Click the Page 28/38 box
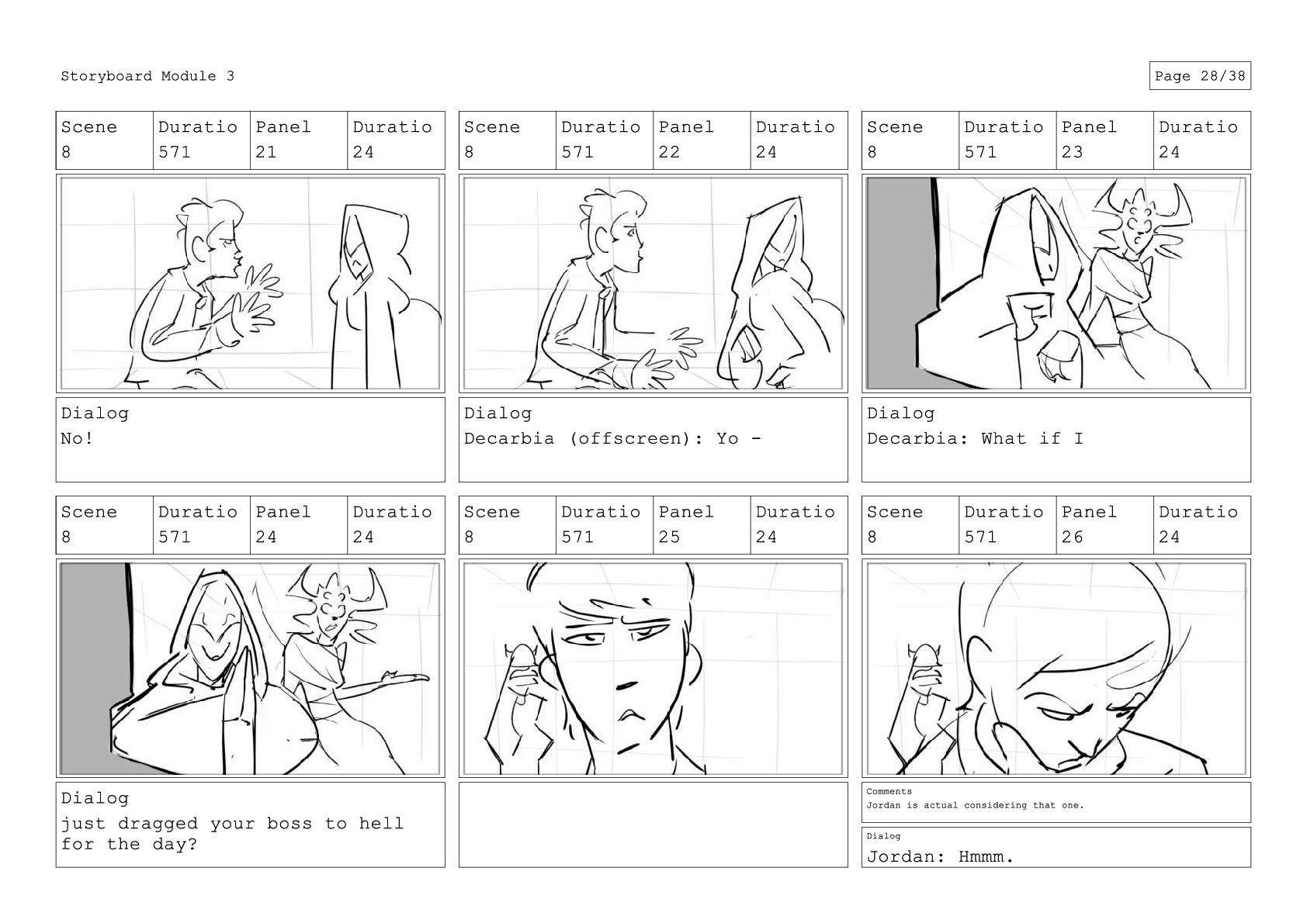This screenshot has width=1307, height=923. click(x=1200, y=76)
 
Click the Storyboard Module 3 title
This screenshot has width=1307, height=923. click(x=147, y=76)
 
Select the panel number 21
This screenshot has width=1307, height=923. click(x=265, y=152)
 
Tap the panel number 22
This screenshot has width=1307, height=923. click(x=669, y=152)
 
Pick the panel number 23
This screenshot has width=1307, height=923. click(x=1072, y=152)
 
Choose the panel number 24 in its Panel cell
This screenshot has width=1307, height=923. click(x=265, y=537)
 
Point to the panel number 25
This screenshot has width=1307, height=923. click(x=669, y=537)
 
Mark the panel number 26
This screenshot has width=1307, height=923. click(x=1072, y=537)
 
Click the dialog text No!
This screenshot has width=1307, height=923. click(x=76, y=438)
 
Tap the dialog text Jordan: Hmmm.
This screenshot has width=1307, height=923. click(x=940, y=856)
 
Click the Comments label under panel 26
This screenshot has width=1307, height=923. click(x=889, y=791)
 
